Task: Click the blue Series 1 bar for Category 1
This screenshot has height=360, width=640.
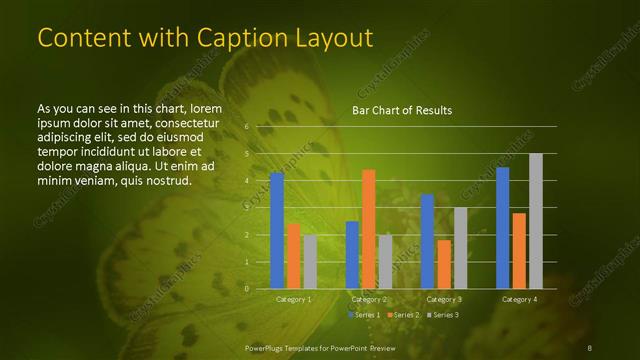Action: tap(277, 230)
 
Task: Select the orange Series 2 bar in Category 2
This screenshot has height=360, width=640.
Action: tap(368, 229)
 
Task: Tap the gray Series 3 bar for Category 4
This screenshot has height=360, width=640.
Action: tap(536, 221)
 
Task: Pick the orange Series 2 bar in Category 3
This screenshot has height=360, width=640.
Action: tap(444, 264)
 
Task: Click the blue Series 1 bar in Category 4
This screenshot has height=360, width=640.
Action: tap(502, 228)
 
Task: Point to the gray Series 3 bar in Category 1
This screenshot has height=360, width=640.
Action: tap(310, 262)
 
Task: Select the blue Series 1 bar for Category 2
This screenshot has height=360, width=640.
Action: tap(352, 255)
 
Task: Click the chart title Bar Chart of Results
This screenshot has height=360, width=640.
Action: tap(402, 110)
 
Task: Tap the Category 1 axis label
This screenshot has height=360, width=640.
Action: tap(293, 299)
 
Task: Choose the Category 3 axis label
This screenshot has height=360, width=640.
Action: tap(444, 299)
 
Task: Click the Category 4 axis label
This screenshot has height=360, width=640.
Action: tap(519, 299)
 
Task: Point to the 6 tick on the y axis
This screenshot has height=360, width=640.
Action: tap(247, 127)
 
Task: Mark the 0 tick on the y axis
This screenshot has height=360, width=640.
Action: tap(247, 288)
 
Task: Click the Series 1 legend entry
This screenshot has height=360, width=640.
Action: tap(365, 315)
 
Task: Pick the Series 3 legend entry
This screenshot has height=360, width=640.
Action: tap(444, 315)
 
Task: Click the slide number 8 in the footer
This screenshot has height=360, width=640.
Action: tap(590, 347)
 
